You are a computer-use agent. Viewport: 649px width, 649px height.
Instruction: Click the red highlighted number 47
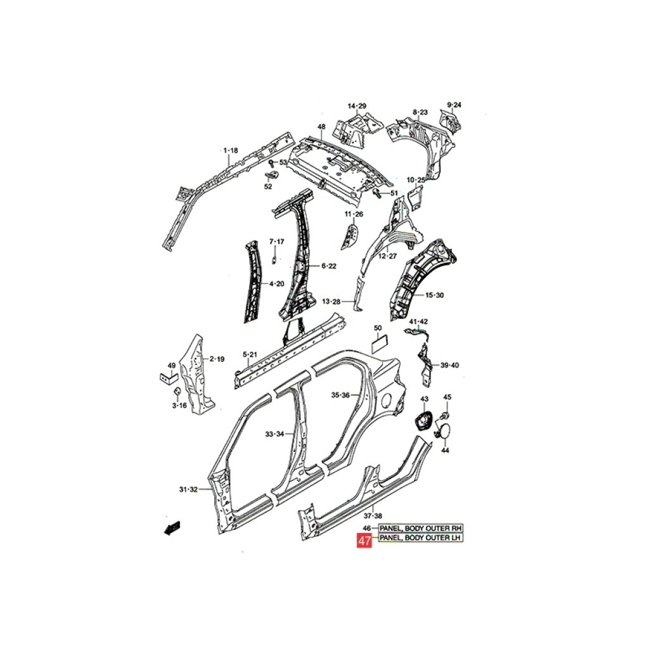tap(364, 541)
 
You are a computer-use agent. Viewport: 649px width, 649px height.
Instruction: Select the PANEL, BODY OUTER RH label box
tap(420, 528)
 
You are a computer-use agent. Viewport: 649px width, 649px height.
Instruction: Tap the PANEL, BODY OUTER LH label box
tap(420, 537)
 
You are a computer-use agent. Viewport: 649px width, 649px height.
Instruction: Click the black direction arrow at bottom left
tap(172, 529)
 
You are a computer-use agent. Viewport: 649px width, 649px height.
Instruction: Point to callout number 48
tap(321, 127)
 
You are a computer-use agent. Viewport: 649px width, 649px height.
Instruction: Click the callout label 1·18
tap(231, 151)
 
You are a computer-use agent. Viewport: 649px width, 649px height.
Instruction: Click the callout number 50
tap(378, 328)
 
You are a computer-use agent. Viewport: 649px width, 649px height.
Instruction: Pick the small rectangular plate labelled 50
tap(380, 344)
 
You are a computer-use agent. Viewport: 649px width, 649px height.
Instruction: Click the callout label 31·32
tap(188, 490)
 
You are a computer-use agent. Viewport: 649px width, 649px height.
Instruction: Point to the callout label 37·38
tap(373, 516)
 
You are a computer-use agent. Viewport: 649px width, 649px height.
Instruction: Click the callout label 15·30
tap(435, 295)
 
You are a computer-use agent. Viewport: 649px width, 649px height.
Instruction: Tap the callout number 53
tap(283, 162)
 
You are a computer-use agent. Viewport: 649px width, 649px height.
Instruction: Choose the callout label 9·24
tap(454, 105)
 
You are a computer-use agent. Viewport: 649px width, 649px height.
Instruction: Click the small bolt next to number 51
tap(378, 193)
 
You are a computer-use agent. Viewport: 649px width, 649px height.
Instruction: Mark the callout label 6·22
tap(329, 266)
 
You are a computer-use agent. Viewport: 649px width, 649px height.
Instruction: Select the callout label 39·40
tap(449, 365)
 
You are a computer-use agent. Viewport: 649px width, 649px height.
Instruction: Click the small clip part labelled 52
tap(271, 175)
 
